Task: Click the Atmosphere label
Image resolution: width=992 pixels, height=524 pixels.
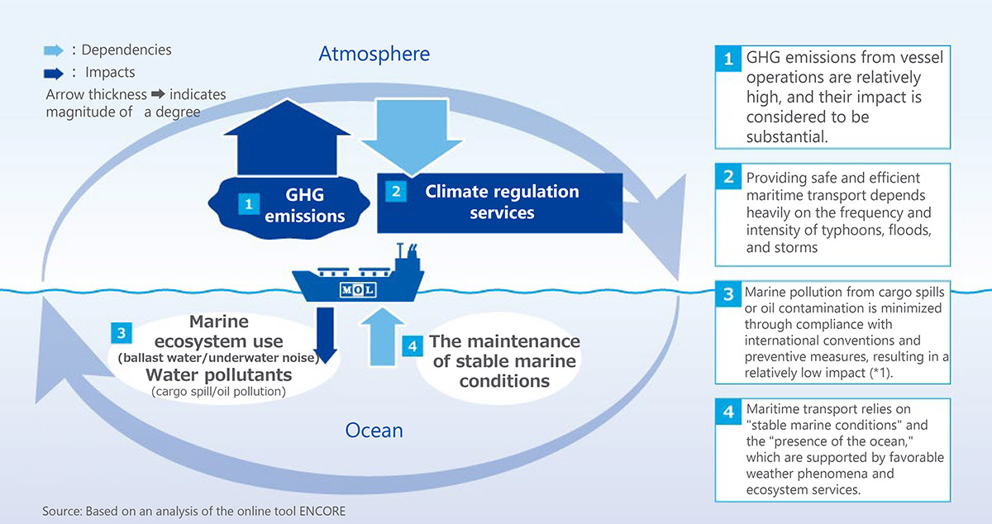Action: (x=374, y=54)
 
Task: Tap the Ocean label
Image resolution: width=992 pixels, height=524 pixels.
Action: (x=374, y=430)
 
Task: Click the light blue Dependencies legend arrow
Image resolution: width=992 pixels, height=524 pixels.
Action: (x=54, y=50)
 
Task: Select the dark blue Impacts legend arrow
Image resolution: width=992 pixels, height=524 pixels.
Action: (x=54, y=73)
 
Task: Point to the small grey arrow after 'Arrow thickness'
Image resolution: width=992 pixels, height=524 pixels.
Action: (x=158, y=94)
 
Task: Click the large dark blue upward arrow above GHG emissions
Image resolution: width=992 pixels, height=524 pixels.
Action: (x=287, y=137)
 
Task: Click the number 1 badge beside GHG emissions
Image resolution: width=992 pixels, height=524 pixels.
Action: (x=249, y=204)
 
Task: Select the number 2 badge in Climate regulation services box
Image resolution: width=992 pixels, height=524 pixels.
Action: (x=396, y=192)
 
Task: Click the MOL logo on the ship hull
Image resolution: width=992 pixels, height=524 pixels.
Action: (x=358, y=290)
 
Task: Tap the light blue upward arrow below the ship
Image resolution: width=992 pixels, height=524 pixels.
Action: (x=382, y=336)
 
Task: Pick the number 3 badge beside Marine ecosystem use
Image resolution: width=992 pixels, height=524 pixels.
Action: (x=122, y=332)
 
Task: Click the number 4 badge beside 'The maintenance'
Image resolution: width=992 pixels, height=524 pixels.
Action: (x=413, y=346)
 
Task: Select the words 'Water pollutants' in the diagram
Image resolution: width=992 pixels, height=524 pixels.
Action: (x=219, y=375)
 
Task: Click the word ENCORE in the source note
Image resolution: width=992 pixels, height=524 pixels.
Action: (x=322, y=511)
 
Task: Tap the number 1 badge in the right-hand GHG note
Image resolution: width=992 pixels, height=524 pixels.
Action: (x=728, y=59)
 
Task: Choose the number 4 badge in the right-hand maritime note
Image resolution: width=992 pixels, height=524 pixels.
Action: (x=728, y=412)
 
